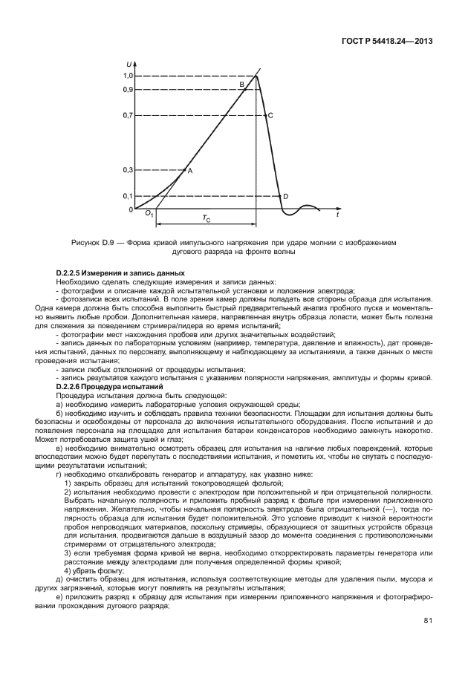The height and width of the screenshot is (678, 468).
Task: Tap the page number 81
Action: coord(428,620)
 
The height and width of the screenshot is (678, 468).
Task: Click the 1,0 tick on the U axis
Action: coord(128,76)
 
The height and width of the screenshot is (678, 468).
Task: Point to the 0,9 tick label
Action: coord(128,89)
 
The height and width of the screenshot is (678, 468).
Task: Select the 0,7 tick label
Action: coord(128,116)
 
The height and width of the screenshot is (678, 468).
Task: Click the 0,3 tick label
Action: coord(128,170)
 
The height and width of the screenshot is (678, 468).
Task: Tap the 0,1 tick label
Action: coord(128,196)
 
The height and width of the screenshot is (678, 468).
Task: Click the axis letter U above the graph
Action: coord(131,65)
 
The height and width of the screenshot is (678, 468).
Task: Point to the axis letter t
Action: coord(337,215)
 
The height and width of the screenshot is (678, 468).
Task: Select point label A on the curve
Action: coord(190,171)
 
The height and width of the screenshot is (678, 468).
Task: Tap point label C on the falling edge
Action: coord(270,116)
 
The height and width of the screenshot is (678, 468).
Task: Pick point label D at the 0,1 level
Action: coord(285,196)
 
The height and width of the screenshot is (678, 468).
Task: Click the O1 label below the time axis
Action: coord(149,214)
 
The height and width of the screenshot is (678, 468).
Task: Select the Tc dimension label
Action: coord(207,218)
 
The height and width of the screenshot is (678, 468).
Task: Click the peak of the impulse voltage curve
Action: coord(257,75)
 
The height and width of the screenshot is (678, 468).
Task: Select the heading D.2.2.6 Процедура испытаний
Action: coord(109,387)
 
